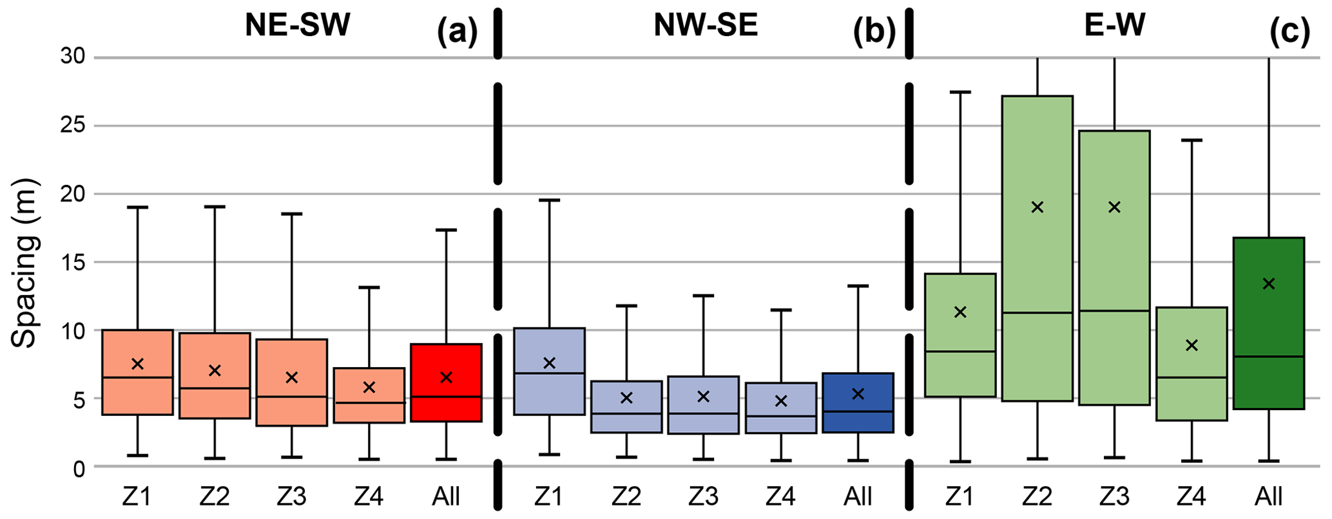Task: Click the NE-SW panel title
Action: point(297,26)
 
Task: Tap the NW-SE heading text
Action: point(706,26)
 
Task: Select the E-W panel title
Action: point(1114,26)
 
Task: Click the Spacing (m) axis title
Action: point(24,263)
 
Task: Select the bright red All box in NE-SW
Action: point(446,382)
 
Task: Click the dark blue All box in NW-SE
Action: point(858,402)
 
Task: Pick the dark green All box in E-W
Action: point(1269,323)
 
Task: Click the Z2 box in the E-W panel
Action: point(1037,248)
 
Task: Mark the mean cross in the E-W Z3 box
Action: point(1114,207)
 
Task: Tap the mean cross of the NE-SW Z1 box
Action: point(137,364)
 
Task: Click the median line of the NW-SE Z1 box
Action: point(549,373)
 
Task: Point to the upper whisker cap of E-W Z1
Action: point(960,92)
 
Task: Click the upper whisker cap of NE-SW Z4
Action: point(369,287)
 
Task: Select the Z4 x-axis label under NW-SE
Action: point(780,497)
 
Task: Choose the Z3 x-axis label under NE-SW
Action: point(291,497)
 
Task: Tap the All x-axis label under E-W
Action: point(1269,497)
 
